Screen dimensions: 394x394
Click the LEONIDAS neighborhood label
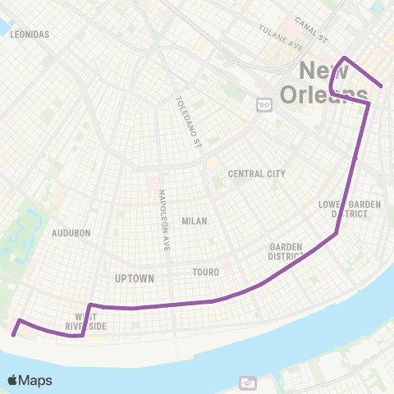pyautogui.click(x=31, y=34)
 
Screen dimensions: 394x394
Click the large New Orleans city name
pyautogui.click(x=323, y=82)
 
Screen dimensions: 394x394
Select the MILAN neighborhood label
pyautogui.click(x=195, y=221)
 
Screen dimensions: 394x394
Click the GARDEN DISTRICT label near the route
pyautogui.click(x=286, y=251)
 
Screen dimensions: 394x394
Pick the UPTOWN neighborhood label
pyautogui.click(x=135, y=278)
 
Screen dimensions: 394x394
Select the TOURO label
pyautogui.click(x=205, y=270)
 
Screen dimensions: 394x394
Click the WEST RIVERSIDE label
pyautogui.click(x=85, y=319)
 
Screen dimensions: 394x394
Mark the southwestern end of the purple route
pyautogui.click(x=13, y=334)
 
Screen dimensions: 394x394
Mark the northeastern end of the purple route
pyautogui.click(x=382, y=85)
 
